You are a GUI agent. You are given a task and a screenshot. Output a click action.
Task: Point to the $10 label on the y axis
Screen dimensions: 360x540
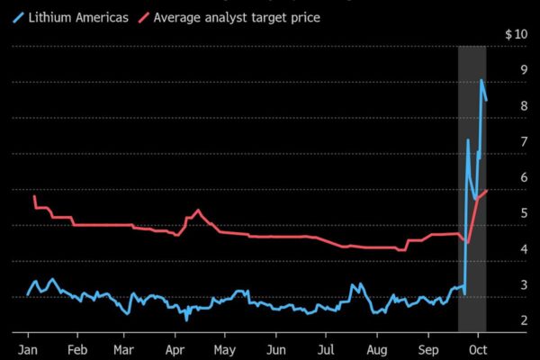[x=516, y=34]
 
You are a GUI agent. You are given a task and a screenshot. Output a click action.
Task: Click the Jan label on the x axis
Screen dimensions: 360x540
[x=27, y=348]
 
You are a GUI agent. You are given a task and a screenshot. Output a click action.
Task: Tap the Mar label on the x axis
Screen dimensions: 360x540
[x=123, y=348]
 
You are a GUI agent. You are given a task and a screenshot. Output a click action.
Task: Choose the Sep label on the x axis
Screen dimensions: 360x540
[x=428, y=348]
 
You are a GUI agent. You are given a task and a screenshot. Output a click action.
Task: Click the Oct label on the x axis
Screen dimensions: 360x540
[x=479, y=348]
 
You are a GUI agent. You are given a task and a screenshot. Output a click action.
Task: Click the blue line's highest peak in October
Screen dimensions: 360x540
[x=481, y=80]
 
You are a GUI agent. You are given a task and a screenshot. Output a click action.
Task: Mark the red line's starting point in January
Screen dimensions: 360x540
[x=34, y=196]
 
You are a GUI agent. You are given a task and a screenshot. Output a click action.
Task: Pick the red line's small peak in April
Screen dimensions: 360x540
[x=198, y=211]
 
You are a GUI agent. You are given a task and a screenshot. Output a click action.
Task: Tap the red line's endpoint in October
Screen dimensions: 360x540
[x=487, y=190]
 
